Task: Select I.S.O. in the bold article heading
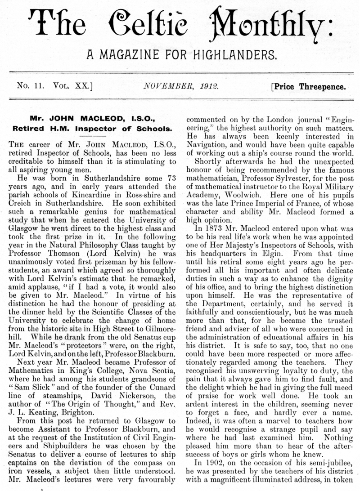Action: pos(142,120)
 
